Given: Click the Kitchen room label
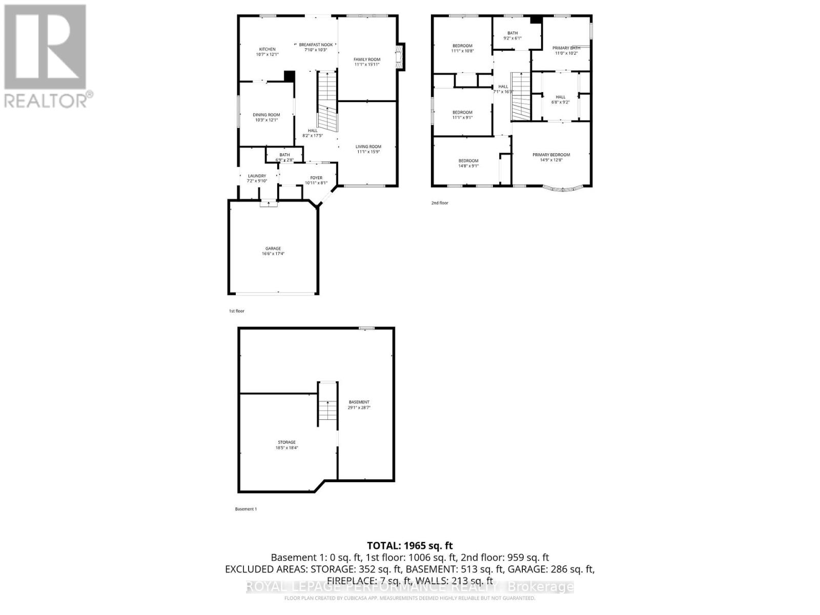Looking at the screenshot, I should pos(267,49).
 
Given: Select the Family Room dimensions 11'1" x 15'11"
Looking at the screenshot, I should pos(367,65).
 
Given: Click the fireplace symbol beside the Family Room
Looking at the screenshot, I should pos(400,56).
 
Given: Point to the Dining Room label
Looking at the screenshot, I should pos(266,115).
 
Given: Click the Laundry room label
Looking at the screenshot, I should pos(257,176).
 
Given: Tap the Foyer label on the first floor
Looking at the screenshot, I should pos(316,178).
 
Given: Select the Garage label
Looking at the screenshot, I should pos(273,249).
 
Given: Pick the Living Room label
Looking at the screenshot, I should pos(368,147).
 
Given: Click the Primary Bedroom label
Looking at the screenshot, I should pos(551,155).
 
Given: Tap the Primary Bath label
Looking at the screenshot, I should pos(566,48).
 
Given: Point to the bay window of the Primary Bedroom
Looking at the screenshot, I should pos(562,189).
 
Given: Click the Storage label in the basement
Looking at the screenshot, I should pos(286,442).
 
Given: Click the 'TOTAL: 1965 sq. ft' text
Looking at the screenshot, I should pos(410,546).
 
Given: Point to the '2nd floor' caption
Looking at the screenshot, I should pos(440,203).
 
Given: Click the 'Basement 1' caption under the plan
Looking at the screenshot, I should pos(246,509).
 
